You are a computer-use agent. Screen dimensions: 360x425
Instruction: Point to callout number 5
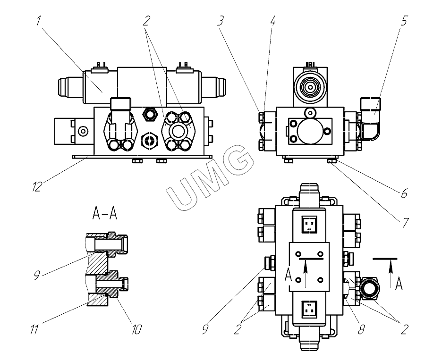tap(404, 21)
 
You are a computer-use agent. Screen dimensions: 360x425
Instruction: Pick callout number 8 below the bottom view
tap(361, 329)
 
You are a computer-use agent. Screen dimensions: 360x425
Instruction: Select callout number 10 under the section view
tap(136, 329)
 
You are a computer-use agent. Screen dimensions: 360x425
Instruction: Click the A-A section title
tap(104, 215)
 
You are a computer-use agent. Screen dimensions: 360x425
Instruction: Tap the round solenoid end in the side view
tap(309, 88)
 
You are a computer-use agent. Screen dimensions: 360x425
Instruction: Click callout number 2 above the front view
tap(147, 21)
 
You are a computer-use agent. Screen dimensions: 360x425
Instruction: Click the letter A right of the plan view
tap(399, 284)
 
